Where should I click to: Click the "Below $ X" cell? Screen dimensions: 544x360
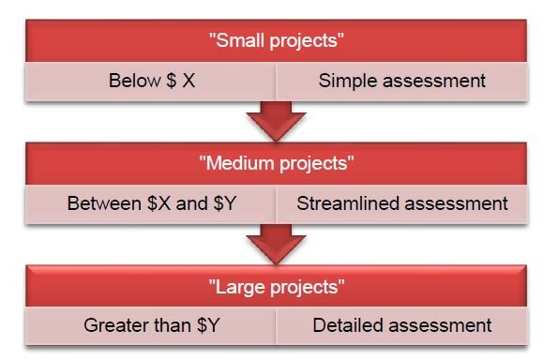(x=150, y=81)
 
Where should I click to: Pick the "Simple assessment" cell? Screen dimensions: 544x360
(x=401, y=81)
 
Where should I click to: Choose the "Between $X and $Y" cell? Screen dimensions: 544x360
(x=150, y=202)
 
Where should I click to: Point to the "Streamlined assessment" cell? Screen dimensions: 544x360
(x=401, y=202)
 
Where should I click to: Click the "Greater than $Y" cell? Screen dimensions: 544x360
(x=150, y=325)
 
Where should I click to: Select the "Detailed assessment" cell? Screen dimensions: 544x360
(x=401, y=325)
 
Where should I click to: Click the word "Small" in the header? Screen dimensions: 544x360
(x=238, y=41)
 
